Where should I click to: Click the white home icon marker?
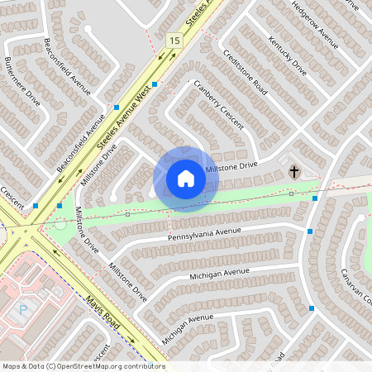click(185, 179)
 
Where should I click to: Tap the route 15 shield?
click(174, 40)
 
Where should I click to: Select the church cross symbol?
click(293, 172)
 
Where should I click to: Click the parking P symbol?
click(23, 311)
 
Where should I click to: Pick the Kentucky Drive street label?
click(288, 55)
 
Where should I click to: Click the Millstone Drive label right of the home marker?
click(231, 167)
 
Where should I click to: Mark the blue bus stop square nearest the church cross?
click(315, 198)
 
